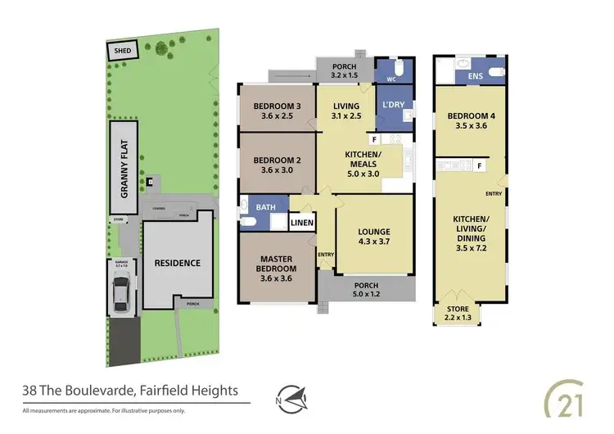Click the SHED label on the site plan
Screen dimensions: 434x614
point(123,51)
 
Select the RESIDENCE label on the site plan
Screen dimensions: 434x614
point(178,264)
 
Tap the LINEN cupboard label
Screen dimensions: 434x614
point(303,222)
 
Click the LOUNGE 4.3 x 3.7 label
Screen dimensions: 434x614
point(373,237)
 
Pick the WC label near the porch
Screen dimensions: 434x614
point(391,79)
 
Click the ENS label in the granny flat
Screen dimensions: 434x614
point(475,75)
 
